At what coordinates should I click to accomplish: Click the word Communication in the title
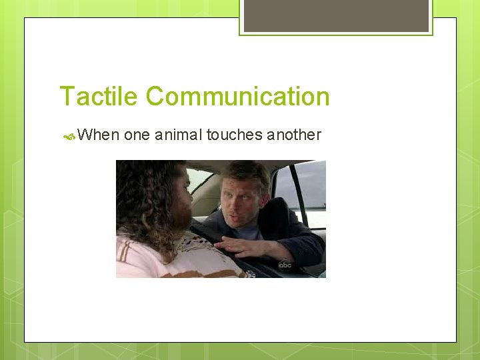(x=238, y=96)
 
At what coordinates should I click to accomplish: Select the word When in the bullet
(x=98, y=135)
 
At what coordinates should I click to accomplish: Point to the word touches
(x=234, y=135)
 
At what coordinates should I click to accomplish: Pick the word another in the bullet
(x=294, y=135)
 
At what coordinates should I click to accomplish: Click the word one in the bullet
(x=137, y=135)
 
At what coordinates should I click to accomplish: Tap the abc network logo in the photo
(x=285, y=265)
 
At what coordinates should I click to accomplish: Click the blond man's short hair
(x=247, y=173)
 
